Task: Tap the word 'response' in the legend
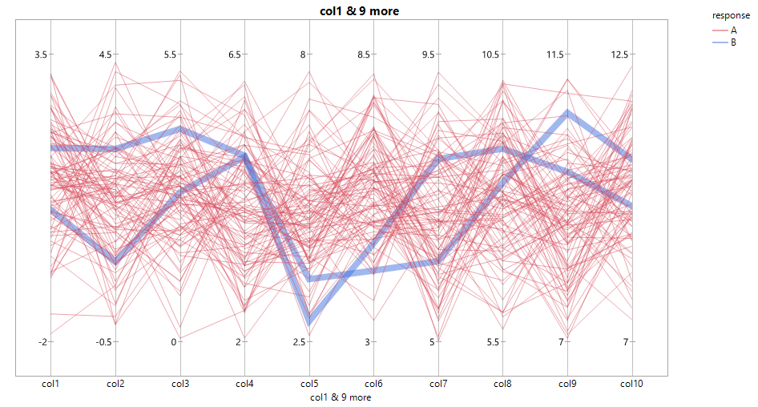click(x=731, y=15)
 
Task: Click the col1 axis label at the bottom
click(x=51, y=385)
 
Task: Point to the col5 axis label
click(x=309, y=385)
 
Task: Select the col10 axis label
click(x=631, y=385)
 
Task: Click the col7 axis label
click(x=438, y=385)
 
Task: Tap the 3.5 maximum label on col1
click(x=40, y=54)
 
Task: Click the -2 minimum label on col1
click(x=42, y=342)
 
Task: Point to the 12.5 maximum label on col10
click(x=619, y=54)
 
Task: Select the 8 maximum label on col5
click(x=303, y=54)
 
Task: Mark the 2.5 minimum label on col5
click(x=299, y=342)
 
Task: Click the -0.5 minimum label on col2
click(x=103, y=342)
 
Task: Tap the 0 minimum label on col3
click(x=174, y=342)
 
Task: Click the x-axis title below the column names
click(x=340, y=397)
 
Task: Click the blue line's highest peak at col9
click(x=567, y=113)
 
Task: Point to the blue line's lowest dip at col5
click(x=309, y=323)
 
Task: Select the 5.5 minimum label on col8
click(x=492, y=342)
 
